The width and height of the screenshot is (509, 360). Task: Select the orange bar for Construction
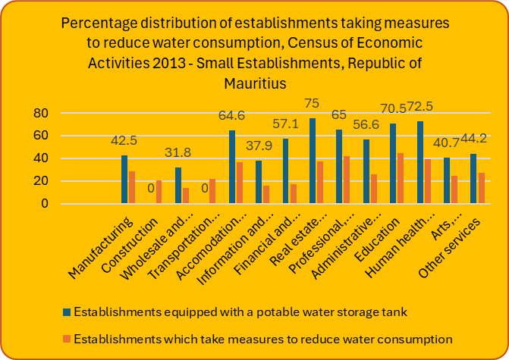coord(159,192)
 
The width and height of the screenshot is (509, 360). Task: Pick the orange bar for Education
coord(400,179)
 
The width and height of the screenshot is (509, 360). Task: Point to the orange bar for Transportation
coord(212,192)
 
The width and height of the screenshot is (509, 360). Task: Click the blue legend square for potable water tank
coord(66,311)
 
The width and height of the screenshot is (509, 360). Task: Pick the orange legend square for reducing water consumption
coord(66,338)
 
